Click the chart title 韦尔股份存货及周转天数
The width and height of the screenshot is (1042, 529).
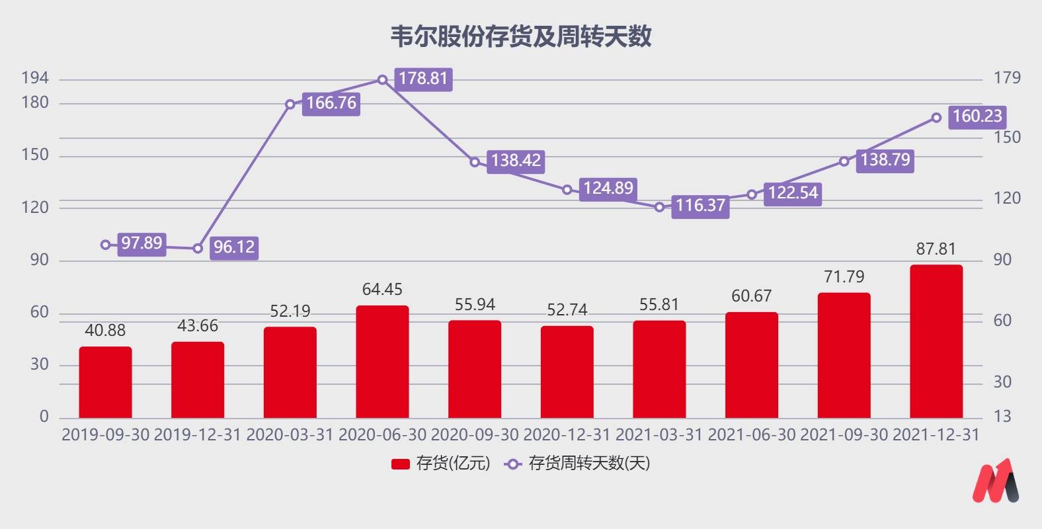coord(521,36)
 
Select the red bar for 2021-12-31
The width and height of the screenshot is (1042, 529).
coord(936,341)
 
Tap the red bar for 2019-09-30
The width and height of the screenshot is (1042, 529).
coord(105,382)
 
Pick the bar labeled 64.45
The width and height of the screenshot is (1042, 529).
coord(382,362)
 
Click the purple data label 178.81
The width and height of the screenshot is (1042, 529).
coord(423,79)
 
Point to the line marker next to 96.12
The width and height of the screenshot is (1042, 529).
coord(198,249)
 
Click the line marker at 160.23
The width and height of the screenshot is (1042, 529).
coord(936,118)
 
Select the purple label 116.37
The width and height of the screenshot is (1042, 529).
coord(700,206)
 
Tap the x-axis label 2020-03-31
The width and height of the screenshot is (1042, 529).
coord(290,435)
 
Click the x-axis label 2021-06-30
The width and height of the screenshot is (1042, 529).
coord(752,435)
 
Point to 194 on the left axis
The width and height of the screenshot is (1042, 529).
coord(35,78)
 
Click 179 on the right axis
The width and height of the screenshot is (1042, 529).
coord(1007,78)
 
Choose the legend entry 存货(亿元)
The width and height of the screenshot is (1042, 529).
coord(441,464)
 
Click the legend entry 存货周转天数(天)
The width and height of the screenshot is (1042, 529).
coord(578,464)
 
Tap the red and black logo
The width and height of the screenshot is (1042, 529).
coord(996,481)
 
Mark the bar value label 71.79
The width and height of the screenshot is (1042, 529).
coord(844,276)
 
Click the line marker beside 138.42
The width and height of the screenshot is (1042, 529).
coord(475,162)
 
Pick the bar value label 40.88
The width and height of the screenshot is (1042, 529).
coord(105,330)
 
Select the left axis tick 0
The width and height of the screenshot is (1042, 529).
coord(44,417)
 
